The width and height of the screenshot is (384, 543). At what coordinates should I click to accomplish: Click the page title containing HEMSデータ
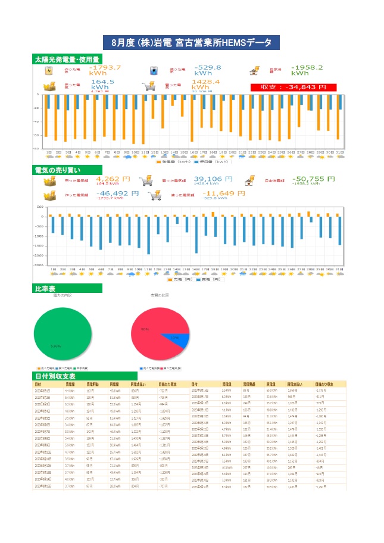(191, 43)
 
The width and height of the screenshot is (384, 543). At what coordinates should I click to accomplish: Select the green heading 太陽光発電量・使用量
(65, 60)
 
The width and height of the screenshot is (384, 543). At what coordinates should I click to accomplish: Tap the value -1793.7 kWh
(105, 71)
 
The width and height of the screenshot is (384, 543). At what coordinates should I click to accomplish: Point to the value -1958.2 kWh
(307, 71)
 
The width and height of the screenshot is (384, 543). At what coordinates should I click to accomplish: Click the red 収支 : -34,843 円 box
(294, 87)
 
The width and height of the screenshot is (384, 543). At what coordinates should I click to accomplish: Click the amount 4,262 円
(108, 179)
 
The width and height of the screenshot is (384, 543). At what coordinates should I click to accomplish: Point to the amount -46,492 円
(109, 194)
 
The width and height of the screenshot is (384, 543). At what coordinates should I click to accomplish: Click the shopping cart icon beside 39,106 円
(146, 180)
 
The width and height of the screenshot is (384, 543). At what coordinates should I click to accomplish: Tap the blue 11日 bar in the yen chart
(148, 235)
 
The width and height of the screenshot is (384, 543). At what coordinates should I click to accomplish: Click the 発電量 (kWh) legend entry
(173, 161)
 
